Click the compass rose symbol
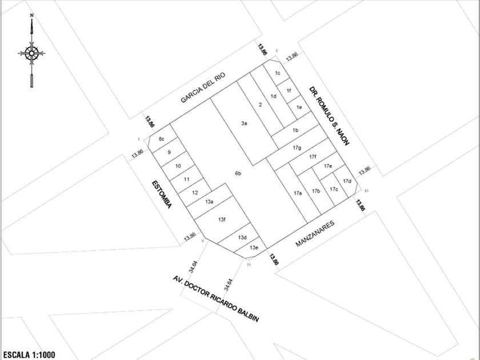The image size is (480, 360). pos(31,54)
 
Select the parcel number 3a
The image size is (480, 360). pos(244,123)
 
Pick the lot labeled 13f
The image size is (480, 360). pos(222,219)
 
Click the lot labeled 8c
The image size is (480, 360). pos(162,139)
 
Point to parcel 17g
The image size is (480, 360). pos(297,147)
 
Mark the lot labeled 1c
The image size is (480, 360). pos(278,73)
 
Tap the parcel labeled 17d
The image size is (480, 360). pos(347,181)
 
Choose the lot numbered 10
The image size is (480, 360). pos(178,166)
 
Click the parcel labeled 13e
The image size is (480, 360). pos(254,247)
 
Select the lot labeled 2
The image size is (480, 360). pos(260,105)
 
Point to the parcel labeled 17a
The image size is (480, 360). pos(298,194)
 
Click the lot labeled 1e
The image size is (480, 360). pos(299,107)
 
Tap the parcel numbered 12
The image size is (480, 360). pos(195,192)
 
